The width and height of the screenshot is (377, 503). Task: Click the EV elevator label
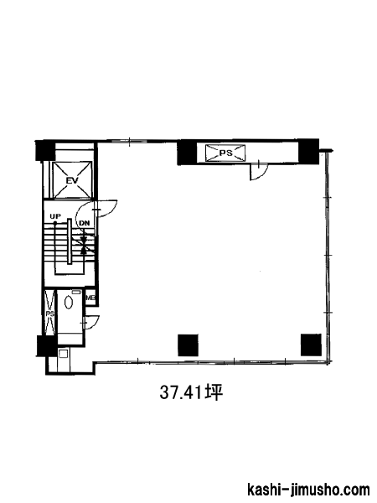[72, 180]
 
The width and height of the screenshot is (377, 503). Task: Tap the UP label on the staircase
[55, 216]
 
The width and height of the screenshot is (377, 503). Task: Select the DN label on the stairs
[85, 223]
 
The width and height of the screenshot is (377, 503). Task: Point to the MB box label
[90, 298]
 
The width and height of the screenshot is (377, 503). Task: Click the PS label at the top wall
[225, 153]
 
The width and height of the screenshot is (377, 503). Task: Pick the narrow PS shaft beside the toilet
[49, 313]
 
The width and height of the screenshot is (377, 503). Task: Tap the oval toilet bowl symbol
[69, 302]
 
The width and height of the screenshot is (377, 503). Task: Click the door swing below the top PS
[258, 172]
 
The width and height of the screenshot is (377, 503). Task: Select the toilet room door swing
[90, 322]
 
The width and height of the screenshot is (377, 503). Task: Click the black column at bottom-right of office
[311, 345]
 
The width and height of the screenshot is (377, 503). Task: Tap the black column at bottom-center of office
[188, 345]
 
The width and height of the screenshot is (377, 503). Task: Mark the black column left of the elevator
[45, 150]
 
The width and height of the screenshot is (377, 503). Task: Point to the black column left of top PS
[187, 153]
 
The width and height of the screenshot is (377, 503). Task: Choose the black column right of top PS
[308, 152]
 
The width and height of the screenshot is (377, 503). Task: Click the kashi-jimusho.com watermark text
[308, 490]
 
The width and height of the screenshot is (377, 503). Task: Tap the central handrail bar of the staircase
[70, 241]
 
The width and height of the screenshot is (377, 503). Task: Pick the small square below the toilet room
[63, 354]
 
